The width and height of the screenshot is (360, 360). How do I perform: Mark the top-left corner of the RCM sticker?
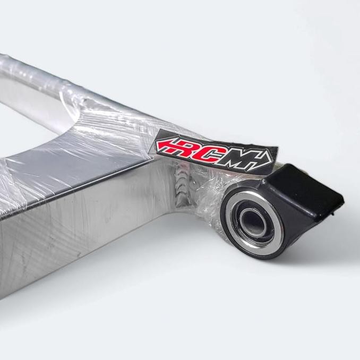tap(158, 131)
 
